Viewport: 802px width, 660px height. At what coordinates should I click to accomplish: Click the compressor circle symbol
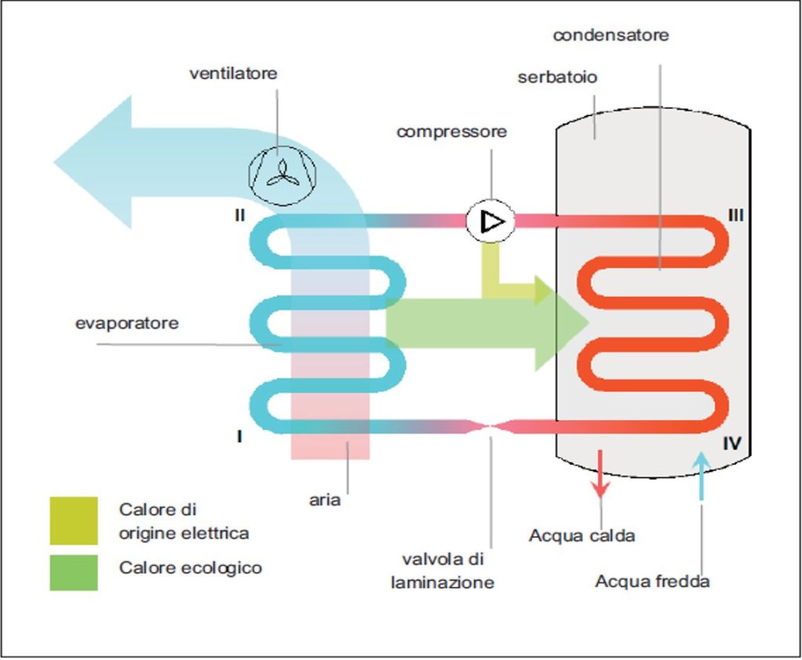(x=490, y=221)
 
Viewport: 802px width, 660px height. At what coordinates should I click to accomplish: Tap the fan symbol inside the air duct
(x=282, y=175)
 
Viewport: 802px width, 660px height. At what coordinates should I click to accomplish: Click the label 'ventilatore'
(x=233, y=73)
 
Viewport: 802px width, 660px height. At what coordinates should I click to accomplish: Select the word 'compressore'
(x=452, y=132)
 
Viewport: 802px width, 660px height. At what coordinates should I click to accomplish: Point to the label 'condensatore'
(x=611, y=34)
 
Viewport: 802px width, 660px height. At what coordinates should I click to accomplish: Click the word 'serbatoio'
(x=557, y=77)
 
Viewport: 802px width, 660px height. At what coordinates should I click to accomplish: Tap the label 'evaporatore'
(x=127, y=323)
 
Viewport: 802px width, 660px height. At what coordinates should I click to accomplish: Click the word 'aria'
(x=325, y=499)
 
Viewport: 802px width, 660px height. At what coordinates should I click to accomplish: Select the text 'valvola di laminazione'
(x=443, y=571)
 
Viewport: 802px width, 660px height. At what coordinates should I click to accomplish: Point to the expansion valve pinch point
(x=490, y=426)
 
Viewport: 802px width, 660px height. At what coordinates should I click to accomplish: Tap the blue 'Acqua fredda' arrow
(x=701, y=476)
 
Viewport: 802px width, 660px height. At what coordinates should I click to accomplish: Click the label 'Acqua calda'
(x=582, y=535)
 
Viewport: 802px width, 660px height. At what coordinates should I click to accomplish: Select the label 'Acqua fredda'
(x=652, y=581)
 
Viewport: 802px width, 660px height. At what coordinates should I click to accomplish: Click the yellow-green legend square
(x=74, y=520)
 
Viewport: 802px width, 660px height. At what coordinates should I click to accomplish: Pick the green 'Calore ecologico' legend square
(x=74, y=572)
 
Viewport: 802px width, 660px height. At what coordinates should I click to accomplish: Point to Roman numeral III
(x=735, y=215)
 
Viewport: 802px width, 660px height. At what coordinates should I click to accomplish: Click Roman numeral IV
(x=732, y=443)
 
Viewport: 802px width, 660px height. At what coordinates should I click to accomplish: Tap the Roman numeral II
(x=240, y=215)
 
